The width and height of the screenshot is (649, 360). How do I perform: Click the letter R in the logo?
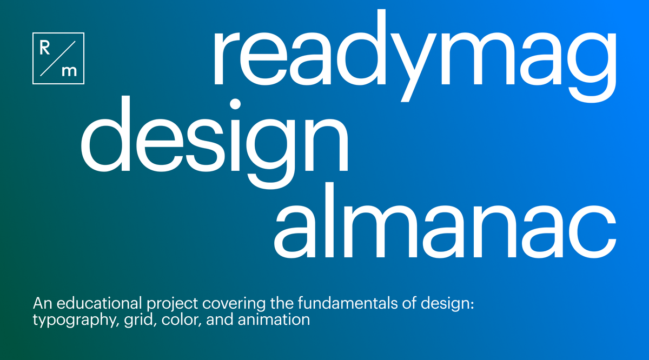[x=45, y=46]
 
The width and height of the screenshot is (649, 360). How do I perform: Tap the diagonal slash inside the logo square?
[x=58, y=58]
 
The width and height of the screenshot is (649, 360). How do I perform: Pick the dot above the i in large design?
[x=235, y=104]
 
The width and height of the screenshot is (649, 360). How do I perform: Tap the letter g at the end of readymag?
[x=587, y=65]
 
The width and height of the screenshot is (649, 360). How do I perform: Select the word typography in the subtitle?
[x=64, y=320]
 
